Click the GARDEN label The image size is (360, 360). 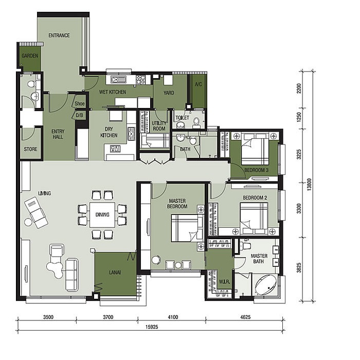(30, 56)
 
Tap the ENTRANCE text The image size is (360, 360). (59, 35)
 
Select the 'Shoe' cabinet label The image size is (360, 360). (79, 103)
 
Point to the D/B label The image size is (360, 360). (79, 115)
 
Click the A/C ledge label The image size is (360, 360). (199, 84)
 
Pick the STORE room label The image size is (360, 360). (30, 149)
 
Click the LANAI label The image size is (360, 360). (115, 273)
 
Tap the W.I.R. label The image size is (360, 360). (224, 281)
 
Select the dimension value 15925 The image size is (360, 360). (152, 327)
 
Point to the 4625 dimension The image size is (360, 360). (245, 317)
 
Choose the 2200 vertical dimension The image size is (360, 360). (299, 88)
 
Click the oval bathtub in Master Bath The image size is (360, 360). (266, 285)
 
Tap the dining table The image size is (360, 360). (102, 214)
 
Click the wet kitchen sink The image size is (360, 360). (118, 79)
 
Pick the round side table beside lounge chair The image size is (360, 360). (28, 222)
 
